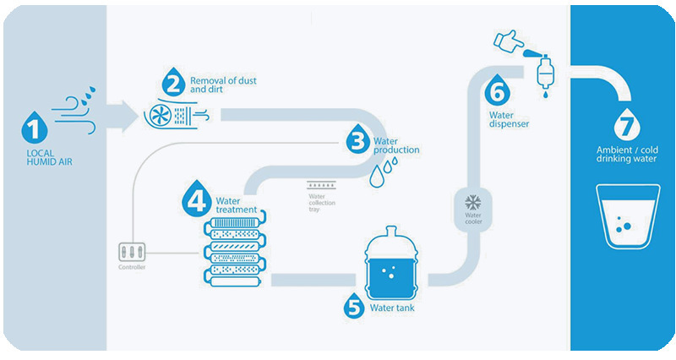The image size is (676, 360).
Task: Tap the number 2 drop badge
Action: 172,83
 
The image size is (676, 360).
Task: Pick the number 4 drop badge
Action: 195,201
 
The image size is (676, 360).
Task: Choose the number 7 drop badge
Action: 624,124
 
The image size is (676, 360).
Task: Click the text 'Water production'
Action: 395,145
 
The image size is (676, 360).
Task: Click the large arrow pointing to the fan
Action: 123,115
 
